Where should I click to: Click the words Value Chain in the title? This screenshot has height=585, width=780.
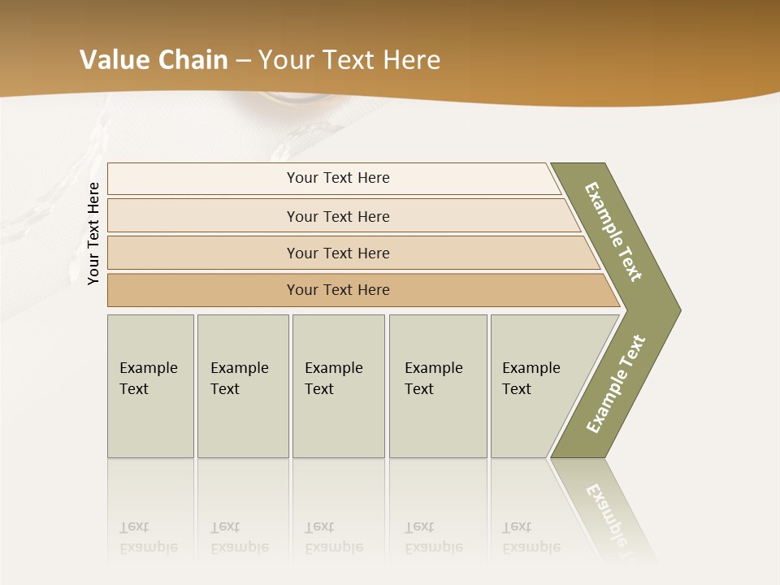pyautogui.click(x=154, y=60)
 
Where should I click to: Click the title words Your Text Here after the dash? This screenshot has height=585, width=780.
pyautogui.click(x=349, y=60)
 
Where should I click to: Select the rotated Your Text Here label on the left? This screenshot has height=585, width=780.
pyautogui.click(x=93, y=233)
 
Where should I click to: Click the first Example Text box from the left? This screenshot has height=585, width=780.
pyautogui.click(x=150, y=406)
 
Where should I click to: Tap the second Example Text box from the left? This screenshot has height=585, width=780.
pyautogui.click(x=242, y=406)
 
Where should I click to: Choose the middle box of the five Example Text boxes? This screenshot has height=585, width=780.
pyautogui.click(x=338, y=406)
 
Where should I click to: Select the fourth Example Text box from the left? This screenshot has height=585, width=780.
pyautogui.click(x=437, y=406)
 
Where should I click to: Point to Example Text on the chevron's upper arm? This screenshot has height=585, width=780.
pyautogui.click(x=614, y=232)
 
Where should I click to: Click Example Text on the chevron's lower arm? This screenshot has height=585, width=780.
pyautogui.click(x=615, y=384)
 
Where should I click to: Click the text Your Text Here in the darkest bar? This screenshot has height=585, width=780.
pyautogui.click(x=338, y=290)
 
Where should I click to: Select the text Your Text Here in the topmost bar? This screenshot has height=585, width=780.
pyautogui.click(x=338, y=178)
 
